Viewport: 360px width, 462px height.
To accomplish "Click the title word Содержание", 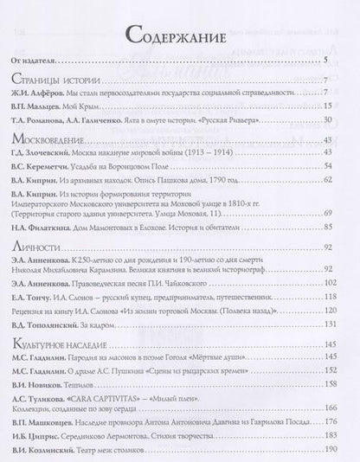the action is point(179,36).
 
